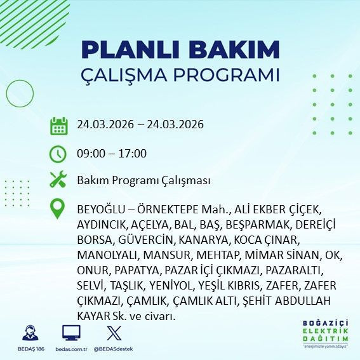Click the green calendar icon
(58, 125)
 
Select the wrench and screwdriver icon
(58, 180)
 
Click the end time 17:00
(133, 153)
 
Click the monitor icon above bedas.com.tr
(71, 333)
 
